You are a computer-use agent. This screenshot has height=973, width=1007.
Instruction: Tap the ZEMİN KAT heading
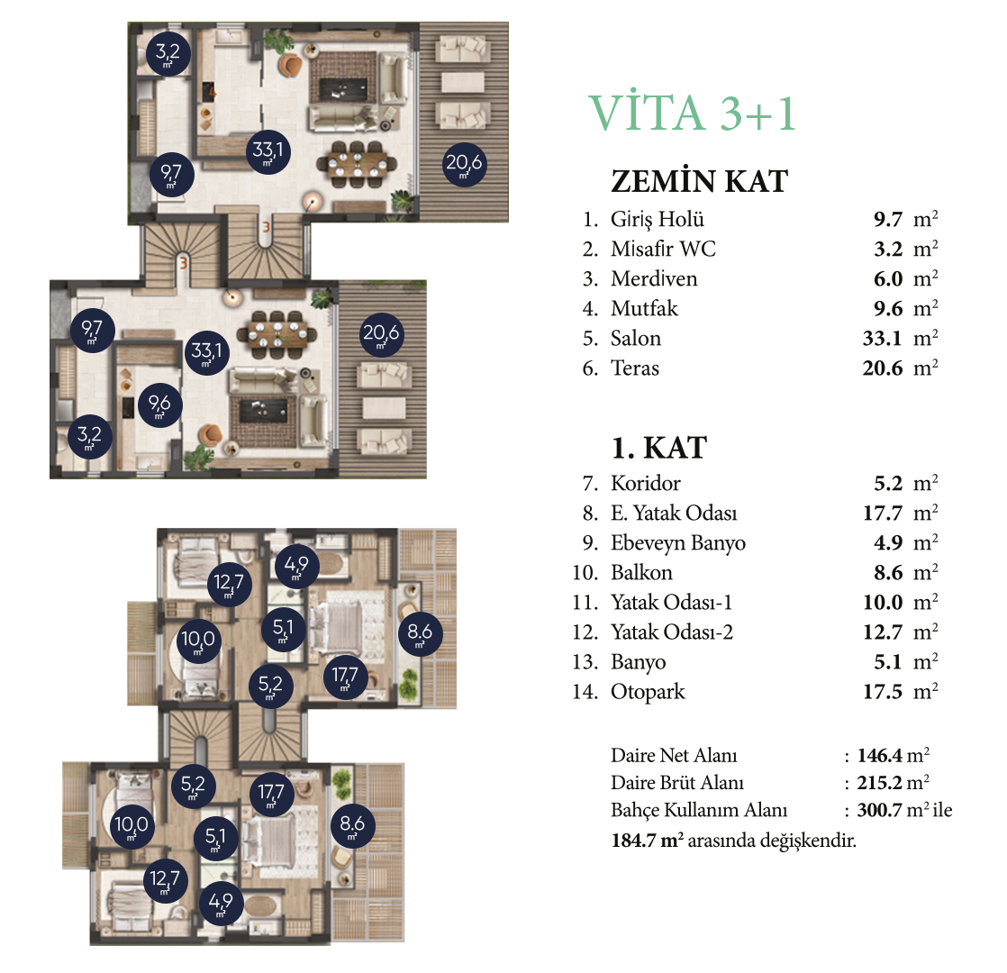click(x=699, y=181)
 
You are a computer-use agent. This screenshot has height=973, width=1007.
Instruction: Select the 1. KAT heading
click(x=659, y=448)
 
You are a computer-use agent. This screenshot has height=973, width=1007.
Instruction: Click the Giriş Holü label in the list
click(x=657, y=220)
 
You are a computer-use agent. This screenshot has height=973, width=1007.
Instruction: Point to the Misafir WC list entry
click(x=663, y=249)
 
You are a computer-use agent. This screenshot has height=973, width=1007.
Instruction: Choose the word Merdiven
click(x=654, y=278)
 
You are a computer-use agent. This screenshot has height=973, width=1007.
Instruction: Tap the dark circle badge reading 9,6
click(x=159, y=405)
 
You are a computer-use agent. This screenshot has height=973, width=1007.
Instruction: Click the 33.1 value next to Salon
click(x=883, y=339)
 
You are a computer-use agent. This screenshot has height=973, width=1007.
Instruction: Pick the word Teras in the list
click(x=634, y=368)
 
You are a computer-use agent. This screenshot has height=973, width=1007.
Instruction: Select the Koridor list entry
click(x=646, y=483)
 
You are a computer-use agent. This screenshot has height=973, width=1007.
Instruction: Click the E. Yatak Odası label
click(x=674, y=513)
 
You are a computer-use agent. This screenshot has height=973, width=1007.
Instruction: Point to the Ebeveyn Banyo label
click(x=678, y=543)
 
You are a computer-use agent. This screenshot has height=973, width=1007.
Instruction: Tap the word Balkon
click(x=641, y=572)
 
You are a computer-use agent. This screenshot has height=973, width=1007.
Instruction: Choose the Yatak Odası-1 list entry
click(x=671, y=603)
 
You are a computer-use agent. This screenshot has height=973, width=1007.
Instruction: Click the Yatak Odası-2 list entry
click(x=672, y=632)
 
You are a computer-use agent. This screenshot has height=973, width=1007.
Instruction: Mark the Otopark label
click(x=648, y=692)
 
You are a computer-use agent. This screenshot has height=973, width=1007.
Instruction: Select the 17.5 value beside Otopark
click(x=883, y=692)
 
